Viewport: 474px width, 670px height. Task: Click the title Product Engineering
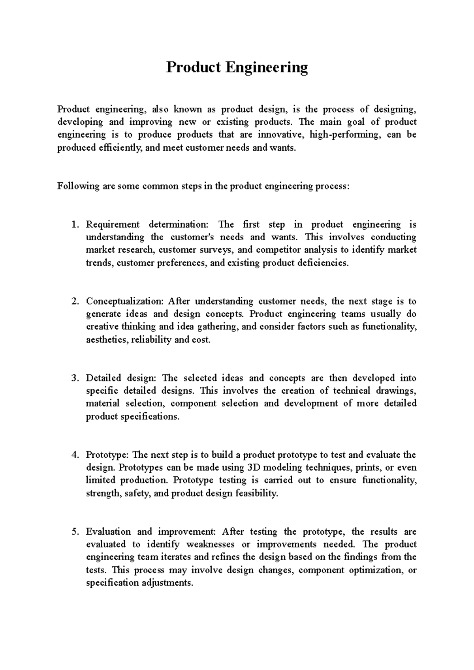[x=237, y=67]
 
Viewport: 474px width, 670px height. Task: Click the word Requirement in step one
[x=113, y=225]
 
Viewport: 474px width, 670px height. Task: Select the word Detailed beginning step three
[x=103, y=378]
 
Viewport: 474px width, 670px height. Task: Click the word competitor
[x=276, y=250]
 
